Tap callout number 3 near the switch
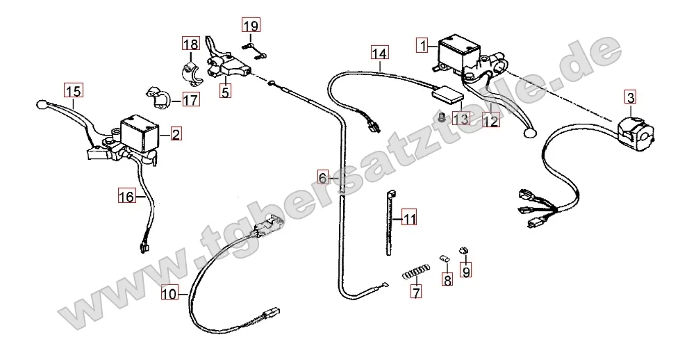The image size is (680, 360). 629,97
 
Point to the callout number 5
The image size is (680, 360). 225,90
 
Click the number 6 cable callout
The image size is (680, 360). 323,177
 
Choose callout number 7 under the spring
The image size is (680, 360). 415,293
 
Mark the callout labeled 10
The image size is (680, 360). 170,293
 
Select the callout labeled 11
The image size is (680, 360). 408,220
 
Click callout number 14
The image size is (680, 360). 379,53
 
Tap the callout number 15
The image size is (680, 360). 73,90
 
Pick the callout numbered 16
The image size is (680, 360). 126,197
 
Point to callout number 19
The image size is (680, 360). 251,26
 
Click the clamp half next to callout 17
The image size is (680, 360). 159,97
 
